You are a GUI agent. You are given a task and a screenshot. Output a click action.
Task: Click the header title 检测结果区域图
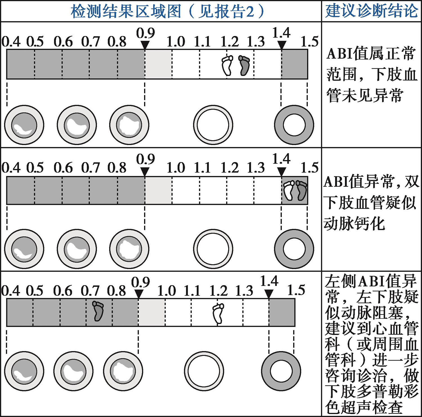click(x=126, y=11)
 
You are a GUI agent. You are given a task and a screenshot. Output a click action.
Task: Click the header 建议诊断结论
click(x=371, y=11)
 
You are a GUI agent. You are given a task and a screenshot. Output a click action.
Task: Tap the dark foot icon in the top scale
click(x=244, y=65)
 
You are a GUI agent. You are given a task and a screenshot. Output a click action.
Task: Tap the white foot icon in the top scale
click(x=227, y=65)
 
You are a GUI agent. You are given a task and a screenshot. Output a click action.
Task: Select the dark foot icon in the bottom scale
click(x=98, y=311)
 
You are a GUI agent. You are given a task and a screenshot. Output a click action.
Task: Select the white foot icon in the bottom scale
click(x=218, y=313)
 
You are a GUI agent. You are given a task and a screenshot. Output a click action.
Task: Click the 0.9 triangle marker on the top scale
click(x=145, y=45)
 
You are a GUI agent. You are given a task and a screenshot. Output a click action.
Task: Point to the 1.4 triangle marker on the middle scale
click(x=281, y=171)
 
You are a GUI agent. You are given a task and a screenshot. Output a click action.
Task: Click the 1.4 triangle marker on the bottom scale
click(x=269, y=294)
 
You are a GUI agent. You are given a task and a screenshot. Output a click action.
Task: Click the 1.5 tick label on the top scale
click(x=309, y=42)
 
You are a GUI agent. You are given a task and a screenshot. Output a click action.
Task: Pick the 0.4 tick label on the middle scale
click(x=11, y=168)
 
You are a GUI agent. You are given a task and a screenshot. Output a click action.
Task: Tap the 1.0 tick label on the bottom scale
click(x=167, y=291)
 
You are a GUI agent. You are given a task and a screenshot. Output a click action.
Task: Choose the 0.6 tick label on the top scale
click(x=63, y=42)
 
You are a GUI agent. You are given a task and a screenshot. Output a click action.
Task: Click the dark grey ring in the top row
click(x=294, y=125)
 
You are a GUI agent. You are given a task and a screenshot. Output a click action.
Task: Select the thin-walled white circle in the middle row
click(x=213, y=249)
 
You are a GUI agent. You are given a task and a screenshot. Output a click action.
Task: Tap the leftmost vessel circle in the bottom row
click(x=24, y=371)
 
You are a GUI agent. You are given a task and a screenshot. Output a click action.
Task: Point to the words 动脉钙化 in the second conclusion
click(x=354, y=224)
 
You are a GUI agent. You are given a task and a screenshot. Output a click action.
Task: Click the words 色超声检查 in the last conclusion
click(x=364, y=407)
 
